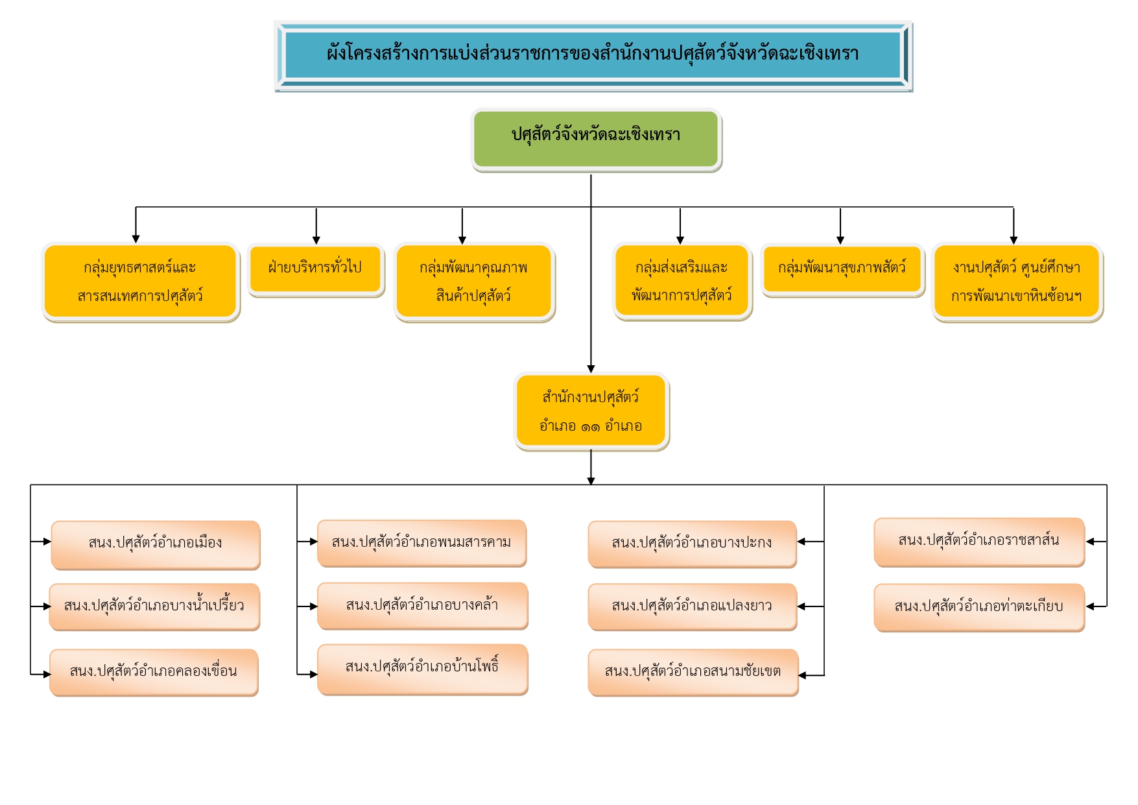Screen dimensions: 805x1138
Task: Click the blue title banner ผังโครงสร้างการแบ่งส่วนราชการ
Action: point(593,54)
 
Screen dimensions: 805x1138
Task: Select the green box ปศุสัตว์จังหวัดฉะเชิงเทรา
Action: point(595,138)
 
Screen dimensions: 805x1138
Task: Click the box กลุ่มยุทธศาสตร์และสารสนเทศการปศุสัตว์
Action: point(140,282)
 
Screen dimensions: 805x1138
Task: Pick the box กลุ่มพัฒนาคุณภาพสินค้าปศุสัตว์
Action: point(473,282)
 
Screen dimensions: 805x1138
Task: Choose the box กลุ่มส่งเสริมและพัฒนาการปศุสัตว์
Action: point(682,282)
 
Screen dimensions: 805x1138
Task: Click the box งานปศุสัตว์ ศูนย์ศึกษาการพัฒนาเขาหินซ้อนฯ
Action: point(1016,282)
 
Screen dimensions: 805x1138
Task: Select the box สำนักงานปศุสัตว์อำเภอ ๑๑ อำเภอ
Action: point(591,411)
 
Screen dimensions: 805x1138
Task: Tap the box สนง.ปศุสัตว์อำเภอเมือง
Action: point(156,544)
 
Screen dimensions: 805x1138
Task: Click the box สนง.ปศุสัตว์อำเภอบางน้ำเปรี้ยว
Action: point(154,607)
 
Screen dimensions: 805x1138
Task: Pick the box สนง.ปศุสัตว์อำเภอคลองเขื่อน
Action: point(154,672)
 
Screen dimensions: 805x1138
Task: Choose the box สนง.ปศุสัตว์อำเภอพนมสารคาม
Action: point(421,543)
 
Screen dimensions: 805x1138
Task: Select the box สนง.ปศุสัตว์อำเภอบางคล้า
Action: point(422,605)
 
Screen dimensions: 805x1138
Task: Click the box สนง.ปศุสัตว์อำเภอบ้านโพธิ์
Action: point(422,668)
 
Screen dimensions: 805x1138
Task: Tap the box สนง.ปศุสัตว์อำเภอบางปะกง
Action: point(692,544)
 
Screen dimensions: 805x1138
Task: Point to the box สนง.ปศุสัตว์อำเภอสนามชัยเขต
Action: point(693,672)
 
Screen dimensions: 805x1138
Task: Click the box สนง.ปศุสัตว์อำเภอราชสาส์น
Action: point(978,542)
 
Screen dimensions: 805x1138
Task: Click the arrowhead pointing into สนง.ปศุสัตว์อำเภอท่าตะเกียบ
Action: point(1091,607)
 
